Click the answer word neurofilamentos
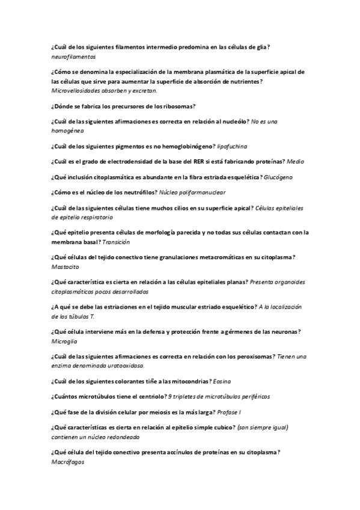(x=74, y=56)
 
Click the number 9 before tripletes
(x=171, y=396)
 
